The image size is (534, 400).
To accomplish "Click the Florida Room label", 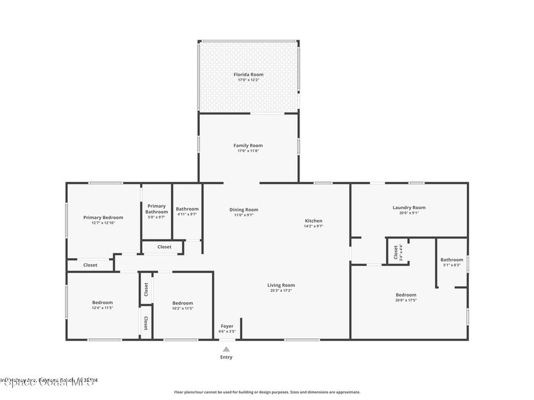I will pos(248,74).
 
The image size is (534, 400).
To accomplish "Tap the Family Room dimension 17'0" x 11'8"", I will pos(248,151).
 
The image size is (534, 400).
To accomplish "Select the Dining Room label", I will pos(244,210).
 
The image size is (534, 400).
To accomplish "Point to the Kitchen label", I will pos(313,221).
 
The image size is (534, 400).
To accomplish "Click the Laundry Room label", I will pos(409,207).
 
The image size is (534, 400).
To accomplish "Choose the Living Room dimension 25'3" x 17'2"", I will pos(281,291).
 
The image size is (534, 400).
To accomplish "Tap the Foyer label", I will pos(227,326).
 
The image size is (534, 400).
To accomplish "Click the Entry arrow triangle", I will pos(226,349).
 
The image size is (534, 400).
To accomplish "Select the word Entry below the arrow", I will pos(226,357).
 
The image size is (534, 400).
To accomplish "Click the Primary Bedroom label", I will pos(103,217).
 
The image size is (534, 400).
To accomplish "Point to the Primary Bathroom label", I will pos(156,209).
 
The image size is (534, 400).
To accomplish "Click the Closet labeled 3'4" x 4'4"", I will pos(397,252).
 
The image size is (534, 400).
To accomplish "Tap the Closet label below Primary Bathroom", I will pos(164,247).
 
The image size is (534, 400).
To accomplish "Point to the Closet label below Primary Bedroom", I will pos(90,265).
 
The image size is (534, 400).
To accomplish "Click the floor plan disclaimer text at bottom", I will pos(266,392).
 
